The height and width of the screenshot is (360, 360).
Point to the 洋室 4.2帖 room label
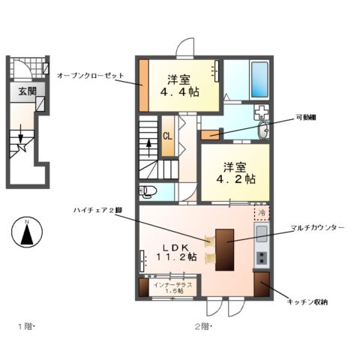click(235, 173)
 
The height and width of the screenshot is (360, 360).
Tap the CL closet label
click(169, 136)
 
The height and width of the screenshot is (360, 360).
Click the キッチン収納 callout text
click(307, 301)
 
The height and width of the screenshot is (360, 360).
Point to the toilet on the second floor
click(148, 190)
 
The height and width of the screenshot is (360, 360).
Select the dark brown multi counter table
click(224, 247)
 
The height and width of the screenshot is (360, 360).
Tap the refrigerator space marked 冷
click(262, 212)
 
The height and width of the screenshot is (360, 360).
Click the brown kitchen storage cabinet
click(262, 285)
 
